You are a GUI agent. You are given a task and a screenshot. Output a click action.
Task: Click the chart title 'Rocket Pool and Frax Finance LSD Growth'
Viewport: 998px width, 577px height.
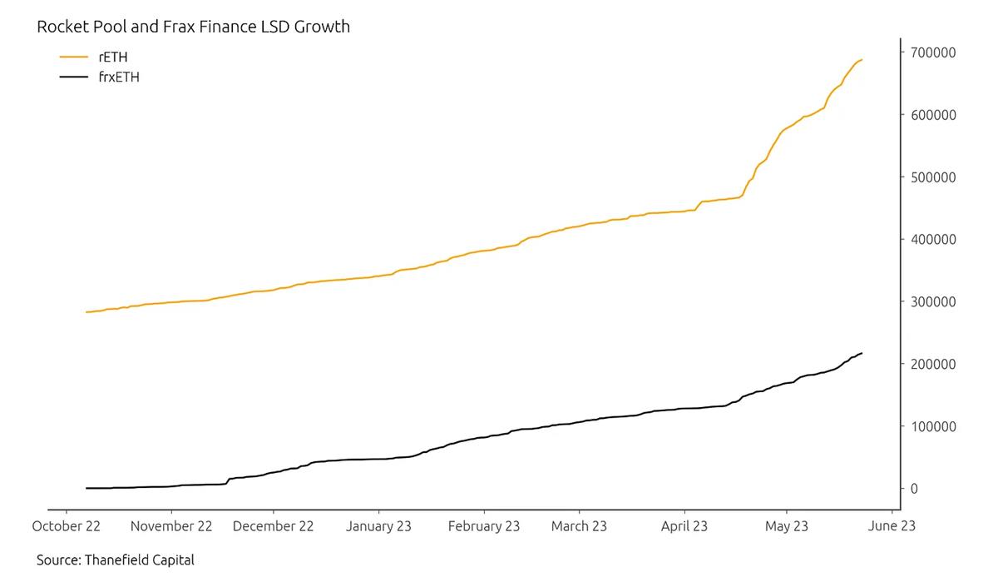tap(193, 27)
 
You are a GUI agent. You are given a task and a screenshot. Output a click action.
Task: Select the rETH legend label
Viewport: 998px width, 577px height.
tap(113, 57)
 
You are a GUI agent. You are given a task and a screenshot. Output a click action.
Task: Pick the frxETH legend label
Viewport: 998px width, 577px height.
tap(118, 77)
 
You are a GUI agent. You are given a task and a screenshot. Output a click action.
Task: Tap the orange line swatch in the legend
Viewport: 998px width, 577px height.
tap(73, 57)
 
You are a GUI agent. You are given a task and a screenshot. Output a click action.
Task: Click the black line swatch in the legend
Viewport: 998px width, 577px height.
tap(73, 77)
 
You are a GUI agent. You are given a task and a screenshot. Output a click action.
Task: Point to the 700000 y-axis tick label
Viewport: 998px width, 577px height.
tap(933, 52)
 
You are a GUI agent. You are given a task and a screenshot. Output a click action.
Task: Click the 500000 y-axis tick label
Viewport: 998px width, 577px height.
tap(933, 177)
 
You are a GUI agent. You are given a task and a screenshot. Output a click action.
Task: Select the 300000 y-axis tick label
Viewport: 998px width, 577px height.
tap(933, 301)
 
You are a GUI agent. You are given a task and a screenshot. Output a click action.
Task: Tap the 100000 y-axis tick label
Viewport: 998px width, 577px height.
tap(933, 426)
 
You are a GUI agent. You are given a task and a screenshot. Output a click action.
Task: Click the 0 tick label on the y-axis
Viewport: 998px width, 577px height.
tap(914, 489)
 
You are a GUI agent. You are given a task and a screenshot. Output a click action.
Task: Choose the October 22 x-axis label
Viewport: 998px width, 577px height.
tap(67, 526)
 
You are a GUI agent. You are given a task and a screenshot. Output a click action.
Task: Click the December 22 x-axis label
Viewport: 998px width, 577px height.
tap(273, 526)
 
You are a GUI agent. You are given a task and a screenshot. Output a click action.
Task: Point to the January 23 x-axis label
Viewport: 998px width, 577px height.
tap(378, 526)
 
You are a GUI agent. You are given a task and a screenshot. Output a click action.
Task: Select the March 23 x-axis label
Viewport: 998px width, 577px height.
tap(579, 526)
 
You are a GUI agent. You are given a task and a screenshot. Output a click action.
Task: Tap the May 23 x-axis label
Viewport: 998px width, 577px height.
tap(786, 526)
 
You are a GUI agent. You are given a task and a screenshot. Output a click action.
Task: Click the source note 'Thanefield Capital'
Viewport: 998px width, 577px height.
tap(139, 560)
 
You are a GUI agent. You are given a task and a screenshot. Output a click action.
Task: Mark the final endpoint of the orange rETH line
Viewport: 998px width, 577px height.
tap(862, 60)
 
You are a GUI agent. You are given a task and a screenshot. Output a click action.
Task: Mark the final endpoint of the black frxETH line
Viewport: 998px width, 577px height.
tap(862, 353)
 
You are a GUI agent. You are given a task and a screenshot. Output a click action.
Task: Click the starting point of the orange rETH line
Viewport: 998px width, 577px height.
tap(86, 312)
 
